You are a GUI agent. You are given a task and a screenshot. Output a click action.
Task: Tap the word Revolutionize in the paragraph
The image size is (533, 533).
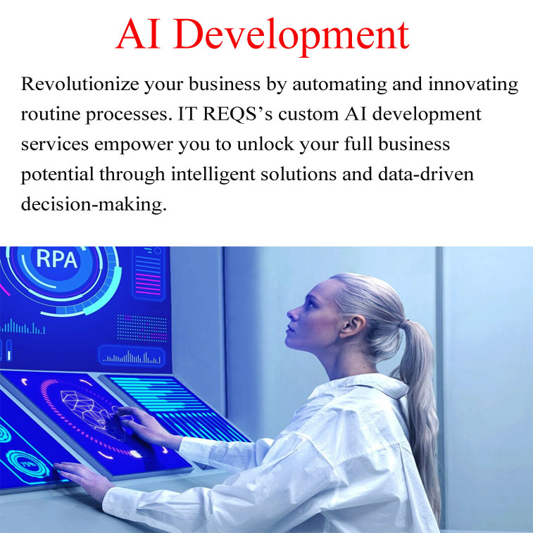[77, 85]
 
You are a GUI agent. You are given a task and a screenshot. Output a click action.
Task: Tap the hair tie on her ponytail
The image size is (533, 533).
[401, 324]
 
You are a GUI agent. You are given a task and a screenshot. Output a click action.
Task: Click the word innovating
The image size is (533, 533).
[466, 85]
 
